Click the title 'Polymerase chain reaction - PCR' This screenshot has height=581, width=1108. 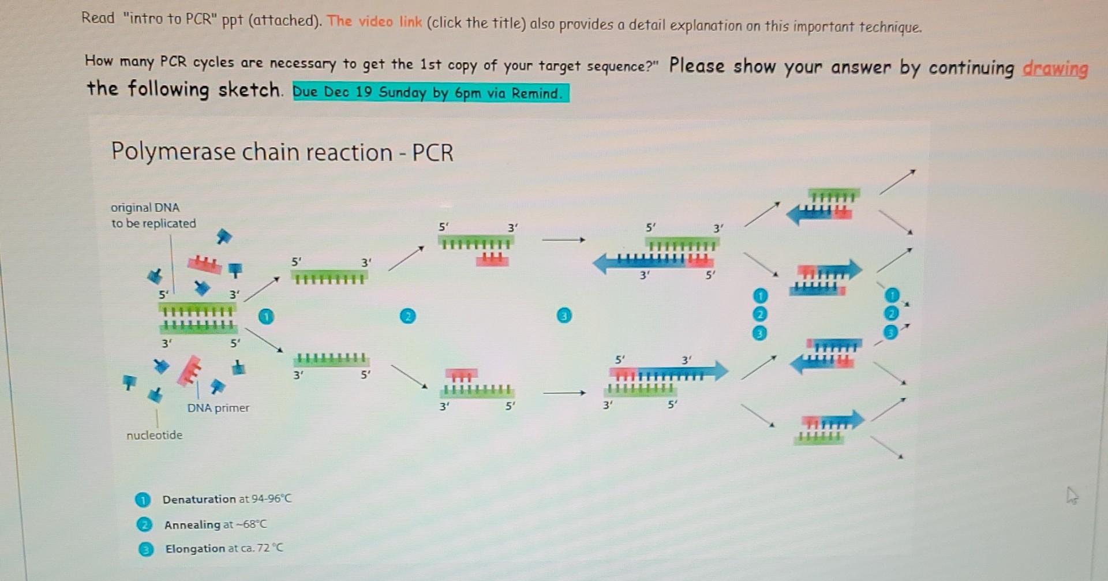pyautogui.click(x=282, y=152)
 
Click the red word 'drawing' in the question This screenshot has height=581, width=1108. pyautogui.click(x=1054, y=69)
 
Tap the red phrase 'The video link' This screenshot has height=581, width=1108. pyautogui.click(x=375, y=22)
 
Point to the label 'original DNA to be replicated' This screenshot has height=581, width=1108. pyautogui.click(x=153, y=215)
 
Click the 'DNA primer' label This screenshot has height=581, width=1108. pyautogui.click(x=218, y=408)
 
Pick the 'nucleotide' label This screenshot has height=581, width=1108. pyautogui.click(x=154, y=435)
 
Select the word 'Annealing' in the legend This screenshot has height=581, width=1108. pyautogui.click(x=192, y=524)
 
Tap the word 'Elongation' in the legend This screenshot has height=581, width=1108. pyautogui.click(x=195, y=549)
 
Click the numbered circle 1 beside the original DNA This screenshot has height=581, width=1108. pyautogui.click(x=266, y=316)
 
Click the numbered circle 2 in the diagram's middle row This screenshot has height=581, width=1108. pyautogui.click(x=407, y=316)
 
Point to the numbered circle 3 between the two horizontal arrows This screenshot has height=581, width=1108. pyautogui.click(x=564, y=315)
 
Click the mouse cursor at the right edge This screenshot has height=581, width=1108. pyautogui.click(x=1072, y=495)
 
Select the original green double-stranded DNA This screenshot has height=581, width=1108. pyautogui.click(x=197, y=318)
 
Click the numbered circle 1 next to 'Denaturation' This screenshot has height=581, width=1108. pyautogui.click(x=142, y=500)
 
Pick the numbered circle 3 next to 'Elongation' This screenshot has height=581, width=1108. pyautogui.click(x=145, y=549)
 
